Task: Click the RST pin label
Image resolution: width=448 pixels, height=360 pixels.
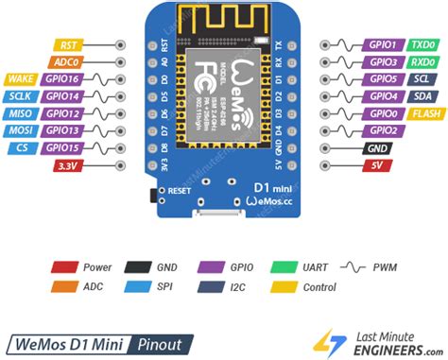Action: click(68, 44)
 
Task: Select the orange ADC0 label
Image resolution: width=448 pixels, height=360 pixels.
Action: click(67, 61)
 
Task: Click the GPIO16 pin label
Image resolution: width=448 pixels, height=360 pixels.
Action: click(62, 79)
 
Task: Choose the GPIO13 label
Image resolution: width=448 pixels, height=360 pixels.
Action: click(62, 130)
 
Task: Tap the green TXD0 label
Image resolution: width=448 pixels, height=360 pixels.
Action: click(422, 44)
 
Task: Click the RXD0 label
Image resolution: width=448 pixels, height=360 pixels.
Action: click(422, 61)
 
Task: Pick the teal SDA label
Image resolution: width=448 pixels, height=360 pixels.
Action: click(422, 96)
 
